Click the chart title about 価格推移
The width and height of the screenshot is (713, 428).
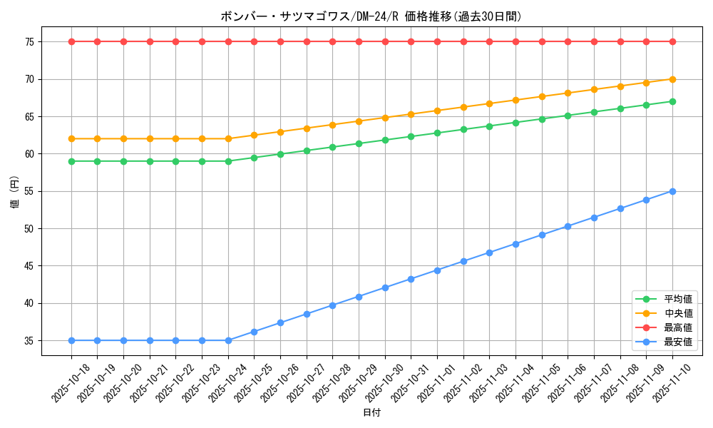coord(371,16)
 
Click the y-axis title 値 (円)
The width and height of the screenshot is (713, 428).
coord(15,191)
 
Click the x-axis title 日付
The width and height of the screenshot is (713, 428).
coord(371,413)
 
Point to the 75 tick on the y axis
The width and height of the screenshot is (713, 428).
coord(29,42)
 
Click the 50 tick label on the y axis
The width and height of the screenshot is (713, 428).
coord(29,229)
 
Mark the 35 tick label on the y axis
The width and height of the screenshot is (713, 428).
coord(29,341)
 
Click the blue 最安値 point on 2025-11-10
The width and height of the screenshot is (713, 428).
coord(672,191)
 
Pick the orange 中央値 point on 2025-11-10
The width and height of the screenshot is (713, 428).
coord(672,79)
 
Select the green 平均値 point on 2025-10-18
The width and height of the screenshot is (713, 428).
coord(71,161)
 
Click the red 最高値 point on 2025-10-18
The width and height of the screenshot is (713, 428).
coord(71,41)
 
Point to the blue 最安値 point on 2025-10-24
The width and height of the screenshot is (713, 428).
coord(228,340)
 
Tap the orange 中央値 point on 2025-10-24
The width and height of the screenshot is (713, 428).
coord(228,138)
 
